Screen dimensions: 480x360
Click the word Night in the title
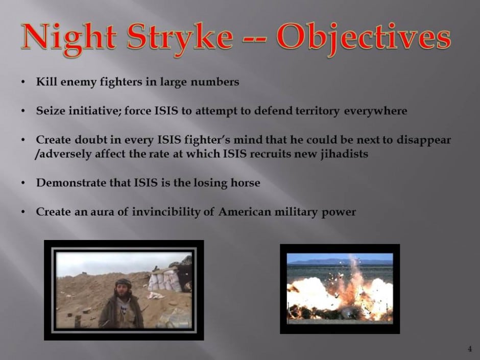coord(68,38)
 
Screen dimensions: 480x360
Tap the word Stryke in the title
coord(180,38)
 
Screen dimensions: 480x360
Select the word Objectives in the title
coord(364,38)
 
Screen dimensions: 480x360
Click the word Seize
coord(51,110)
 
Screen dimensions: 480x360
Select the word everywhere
coord(376,111)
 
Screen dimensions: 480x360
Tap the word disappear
coord(424,140)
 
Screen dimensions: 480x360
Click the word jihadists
coord(344,154)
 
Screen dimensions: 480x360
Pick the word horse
coord(245,182)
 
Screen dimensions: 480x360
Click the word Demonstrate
coord(71,182)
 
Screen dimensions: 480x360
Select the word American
coord(245,211)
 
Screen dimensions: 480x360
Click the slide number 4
coord(470,349)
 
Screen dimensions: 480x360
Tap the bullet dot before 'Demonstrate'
coord(23,183)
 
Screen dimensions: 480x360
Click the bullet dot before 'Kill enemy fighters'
coord(23,82)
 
